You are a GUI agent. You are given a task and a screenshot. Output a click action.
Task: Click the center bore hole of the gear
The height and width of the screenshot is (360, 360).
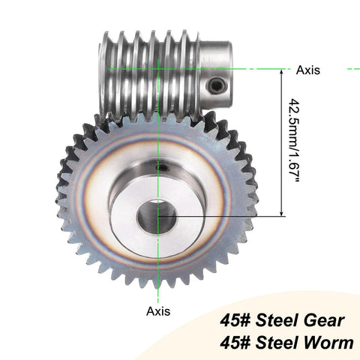[x=157, y=217]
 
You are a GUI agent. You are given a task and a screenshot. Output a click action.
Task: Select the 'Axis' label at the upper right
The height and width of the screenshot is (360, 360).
[x=307, y=70]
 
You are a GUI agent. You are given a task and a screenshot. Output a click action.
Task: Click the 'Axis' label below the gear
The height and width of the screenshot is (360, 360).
[x=157, y=310]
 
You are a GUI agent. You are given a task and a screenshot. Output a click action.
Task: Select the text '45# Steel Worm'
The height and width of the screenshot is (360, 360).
[x=281, y=343]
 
